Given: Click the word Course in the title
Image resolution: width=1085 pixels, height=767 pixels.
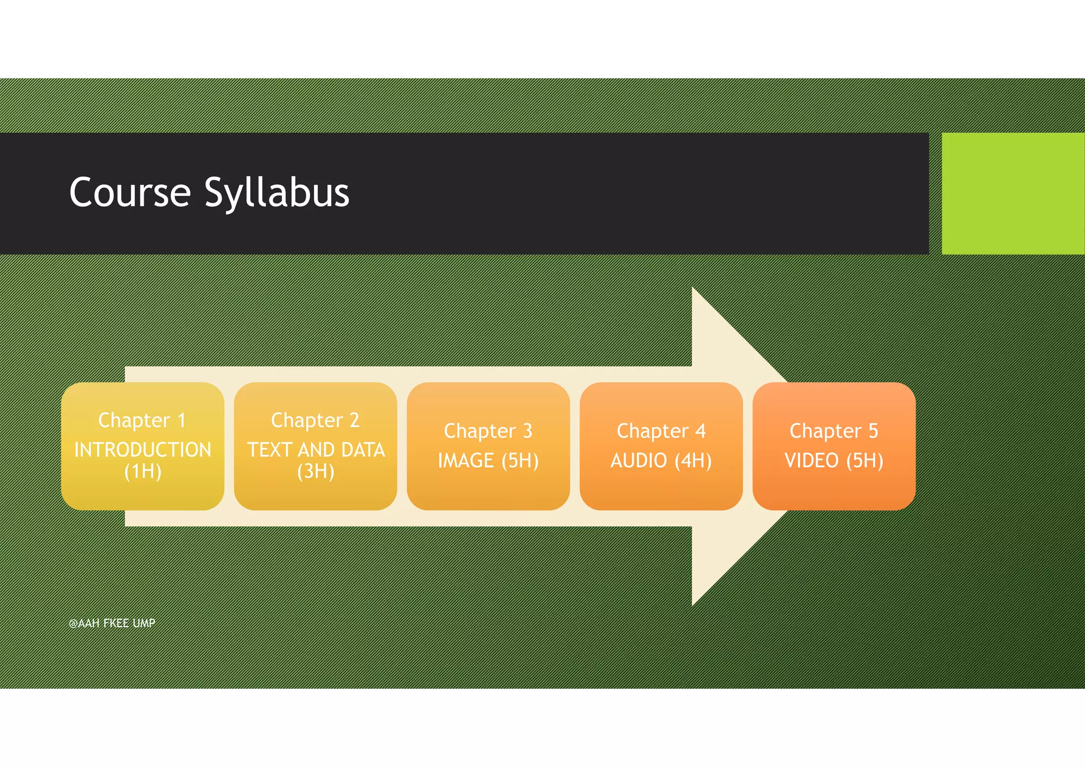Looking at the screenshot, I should point(130,193).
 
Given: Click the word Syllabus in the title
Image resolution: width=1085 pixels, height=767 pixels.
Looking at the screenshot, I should point(277,193).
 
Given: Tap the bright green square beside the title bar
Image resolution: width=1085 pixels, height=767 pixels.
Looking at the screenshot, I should point(1012,193).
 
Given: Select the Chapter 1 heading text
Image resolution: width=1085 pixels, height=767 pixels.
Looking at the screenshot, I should point(142,420).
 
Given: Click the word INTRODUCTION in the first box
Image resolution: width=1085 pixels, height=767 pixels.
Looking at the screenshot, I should point(143,450).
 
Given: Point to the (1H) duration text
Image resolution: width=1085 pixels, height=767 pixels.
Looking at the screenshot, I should point(143,471).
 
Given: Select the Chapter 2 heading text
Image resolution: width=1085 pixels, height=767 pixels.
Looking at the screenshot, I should point(315,420).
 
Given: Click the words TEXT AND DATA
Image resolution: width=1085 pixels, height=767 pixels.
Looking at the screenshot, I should point(316,450).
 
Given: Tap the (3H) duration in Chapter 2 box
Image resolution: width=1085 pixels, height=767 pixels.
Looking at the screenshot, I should point(316,471).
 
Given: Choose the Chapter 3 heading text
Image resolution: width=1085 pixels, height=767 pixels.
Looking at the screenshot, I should point(488,431).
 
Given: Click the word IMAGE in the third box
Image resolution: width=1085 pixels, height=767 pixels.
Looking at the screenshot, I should point(466,460).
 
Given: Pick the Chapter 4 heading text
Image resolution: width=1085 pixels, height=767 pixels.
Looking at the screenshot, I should point(661,431).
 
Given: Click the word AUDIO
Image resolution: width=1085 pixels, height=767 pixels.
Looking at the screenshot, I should point(638,460).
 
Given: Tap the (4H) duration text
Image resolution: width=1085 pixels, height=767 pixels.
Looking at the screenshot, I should point(693,460).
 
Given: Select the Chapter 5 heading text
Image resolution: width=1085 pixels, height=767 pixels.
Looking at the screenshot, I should point(833,431).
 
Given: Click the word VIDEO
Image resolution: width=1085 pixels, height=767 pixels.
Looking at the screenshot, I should point(811,460).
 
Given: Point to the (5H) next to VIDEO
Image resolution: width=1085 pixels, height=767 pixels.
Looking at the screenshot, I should point(865,460).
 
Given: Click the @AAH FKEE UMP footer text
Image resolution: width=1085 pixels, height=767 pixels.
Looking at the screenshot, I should point(112,623).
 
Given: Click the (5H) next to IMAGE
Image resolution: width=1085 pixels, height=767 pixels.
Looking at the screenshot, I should point(520,460).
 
